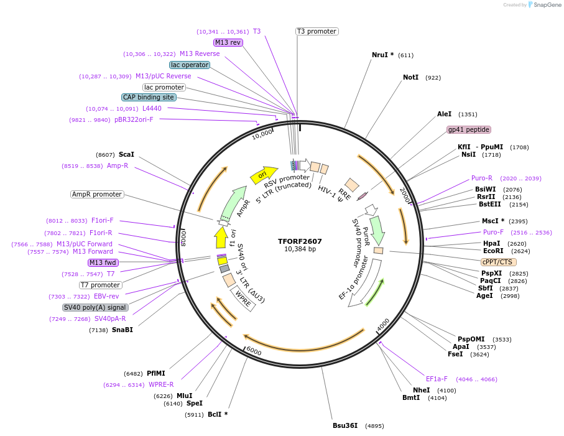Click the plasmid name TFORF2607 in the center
300,241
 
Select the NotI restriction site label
410,78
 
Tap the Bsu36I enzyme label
345,425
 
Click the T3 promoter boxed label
317,31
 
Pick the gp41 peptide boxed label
469,129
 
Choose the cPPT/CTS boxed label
499,262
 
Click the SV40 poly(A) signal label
95,307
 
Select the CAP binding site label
149,97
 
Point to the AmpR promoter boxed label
97,194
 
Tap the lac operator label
190,65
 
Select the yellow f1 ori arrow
220,237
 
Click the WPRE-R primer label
161,384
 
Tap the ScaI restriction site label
126,154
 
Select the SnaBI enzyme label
123,330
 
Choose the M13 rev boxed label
228,42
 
